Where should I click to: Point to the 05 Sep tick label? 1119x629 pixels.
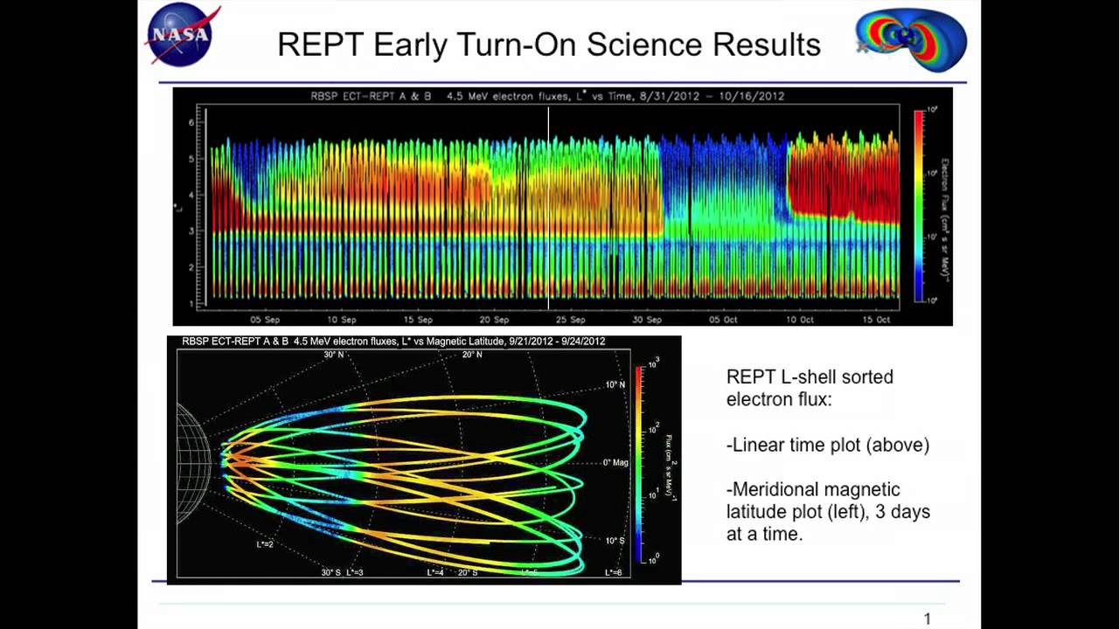[x=265, y=320]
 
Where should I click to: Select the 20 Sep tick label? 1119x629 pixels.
[x=494, y=320]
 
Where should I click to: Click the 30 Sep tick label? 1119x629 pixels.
[x=647, y=320]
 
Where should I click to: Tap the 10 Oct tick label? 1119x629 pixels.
[x=800, y=320]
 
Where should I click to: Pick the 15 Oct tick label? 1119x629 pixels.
[x=876, y=320]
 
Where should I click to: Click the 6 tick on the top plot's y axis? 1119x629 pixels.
[x=191, y=123]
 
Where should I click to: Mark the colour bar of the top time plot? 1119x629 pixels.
[x=919, y=204]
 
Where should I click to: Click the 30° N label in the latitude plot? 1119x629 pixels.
[x=334, y=355]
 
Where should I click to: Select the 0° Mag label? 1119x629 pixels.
[x=615, y=462]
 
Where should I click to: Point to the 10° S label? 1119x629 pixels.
[x=615, y=541]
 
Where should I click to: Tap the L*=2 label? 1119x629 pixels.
[x=265, y=544]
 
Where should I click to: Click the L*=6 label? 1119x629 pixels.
[x=614, y=573]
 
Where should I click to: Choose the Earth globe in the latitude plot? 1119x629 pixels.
[x=193, y=463]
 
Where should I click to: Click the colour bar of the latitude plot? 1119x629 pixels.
[x=640, y=463]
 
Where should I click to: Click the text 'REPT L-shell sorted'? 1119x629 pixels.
[x=810, y=377]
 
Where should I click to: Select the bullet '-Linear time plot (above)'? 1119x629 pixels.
[x=828, y=446]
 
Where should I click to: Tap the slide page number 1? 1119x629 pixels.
[x=928, y=619]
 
